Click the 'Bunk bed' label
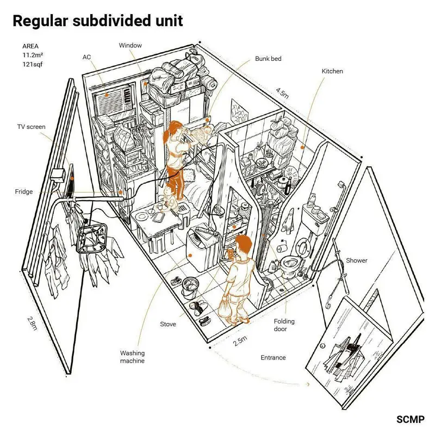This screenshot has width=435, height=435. coord(268,59)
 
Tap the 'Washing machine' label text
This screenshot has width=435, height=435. coord(132,357)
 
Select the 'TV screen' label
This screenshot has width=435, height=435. coord(32,127)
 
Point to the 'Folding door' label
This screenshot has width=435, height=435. coord(284,325)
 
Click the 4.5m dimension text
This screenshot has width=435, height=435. coord(282,93)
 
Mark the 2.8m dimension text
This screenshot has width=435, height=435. coord(32,324)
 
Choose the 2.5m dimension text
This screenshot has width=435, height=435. coord(240,341)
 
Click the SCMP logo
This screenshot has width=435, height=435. coord(411,419)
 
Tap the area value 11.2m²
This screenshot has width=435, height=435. coord(33,55)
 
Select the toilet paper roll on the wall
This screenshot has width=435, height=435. coord(282,247)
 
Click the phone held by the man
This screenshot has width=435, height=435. coord(231,253)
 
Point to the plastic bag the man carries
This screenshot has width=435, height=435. coord(225,307)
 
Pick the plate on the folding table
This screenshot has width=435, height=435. coord(142,216)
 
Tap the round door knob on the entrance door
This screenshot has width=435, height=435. coord(322,346)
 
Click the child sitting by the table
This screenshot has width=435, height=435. coord(169,198)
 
